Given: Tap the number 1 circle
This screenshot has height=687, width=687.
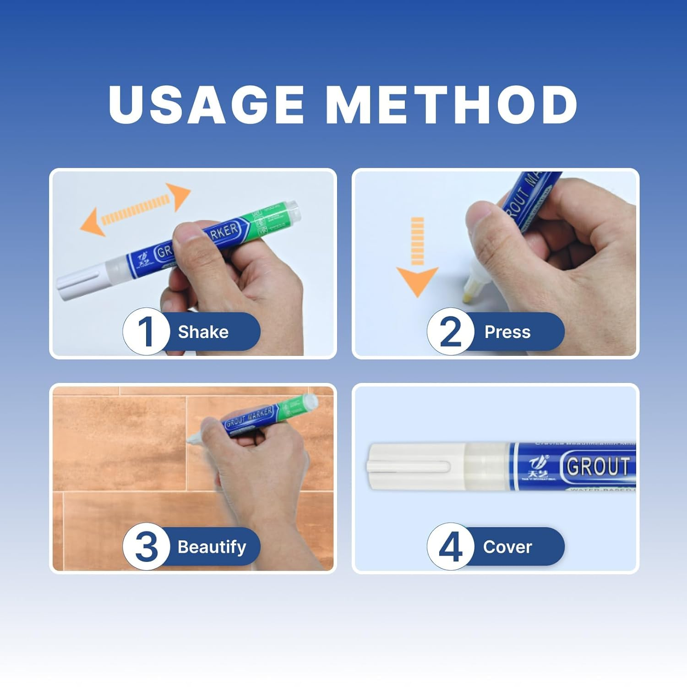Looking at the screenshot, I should point(146,331).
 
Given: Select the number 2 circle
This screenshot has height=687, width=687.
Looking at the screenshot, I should point(450,331).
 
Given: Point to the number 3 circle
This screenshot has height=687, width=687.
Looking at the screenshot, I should point(146,546).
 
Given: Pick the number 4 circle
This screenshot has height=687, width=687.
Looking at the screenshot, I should point(450,546).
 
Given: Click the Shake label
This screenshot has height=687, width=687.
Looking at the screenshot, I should point(203,332).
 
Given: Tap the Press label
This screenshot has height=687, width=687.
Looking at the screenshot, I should point(507,332).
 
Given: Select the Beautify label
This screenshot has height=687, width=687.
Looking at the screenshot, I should point(212,546).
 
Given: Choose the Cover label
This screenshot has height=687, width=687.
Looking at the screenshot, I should point(507,546).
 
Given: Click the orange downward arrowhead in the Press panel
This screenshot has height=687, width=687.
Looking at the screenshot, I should point(417,280).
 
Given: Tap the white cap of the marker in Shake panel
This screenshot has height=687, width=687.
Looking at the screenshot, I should point(78,283).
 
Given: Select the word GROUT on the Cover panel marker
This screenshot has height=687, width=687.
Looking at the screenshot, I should point(598,467).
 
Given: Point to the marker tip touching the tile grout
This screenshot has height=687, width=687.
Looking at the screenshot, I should point(191,438).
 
